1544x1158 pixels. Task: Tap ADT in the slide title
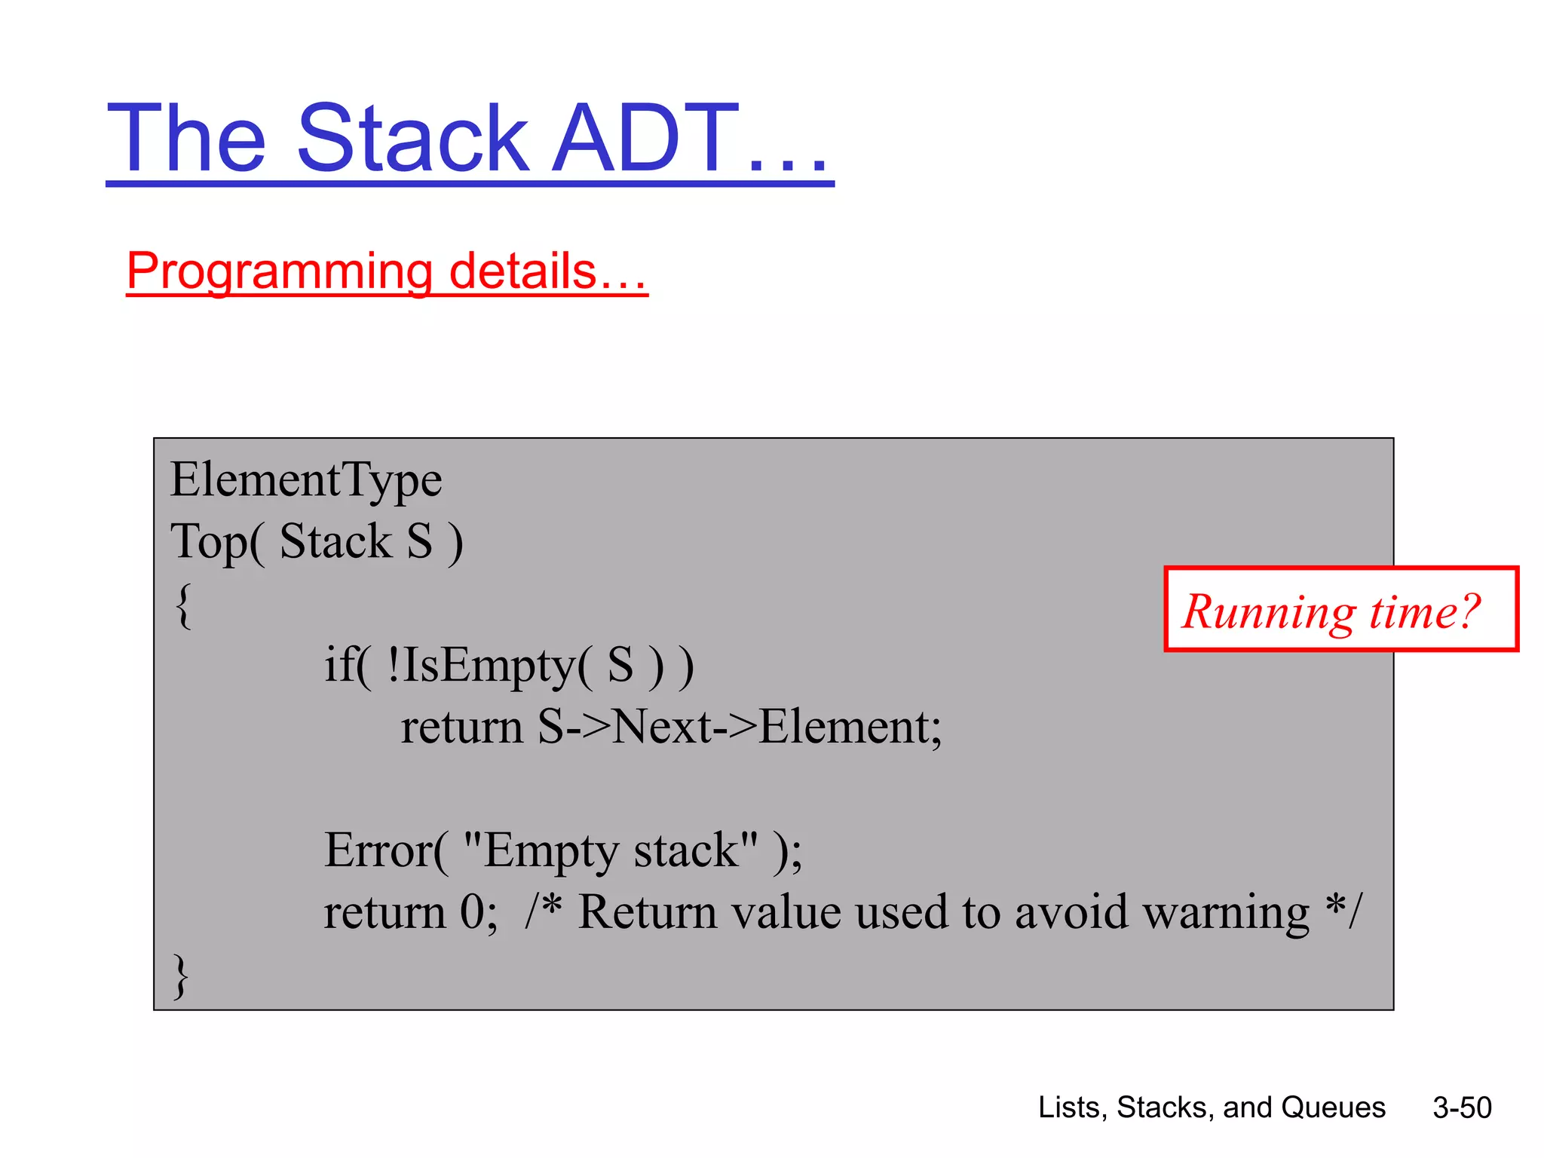(645, 139)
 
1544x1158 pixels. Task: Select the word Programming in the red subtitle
(280, 271)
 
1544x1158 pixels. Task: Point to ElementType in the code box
(306, 480)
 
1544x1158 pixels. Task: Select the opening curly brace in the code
(183, 605)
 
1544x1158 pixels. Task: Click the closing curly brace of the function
(181, 976)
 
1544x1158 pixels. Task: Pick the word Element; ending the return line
(850, 728)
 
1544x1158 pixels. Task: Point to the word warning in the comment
(1226, 913)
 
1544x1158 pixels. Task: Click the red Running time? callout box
(1340, 609)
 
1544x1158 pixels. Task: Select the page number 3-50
(1462, 1107)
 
